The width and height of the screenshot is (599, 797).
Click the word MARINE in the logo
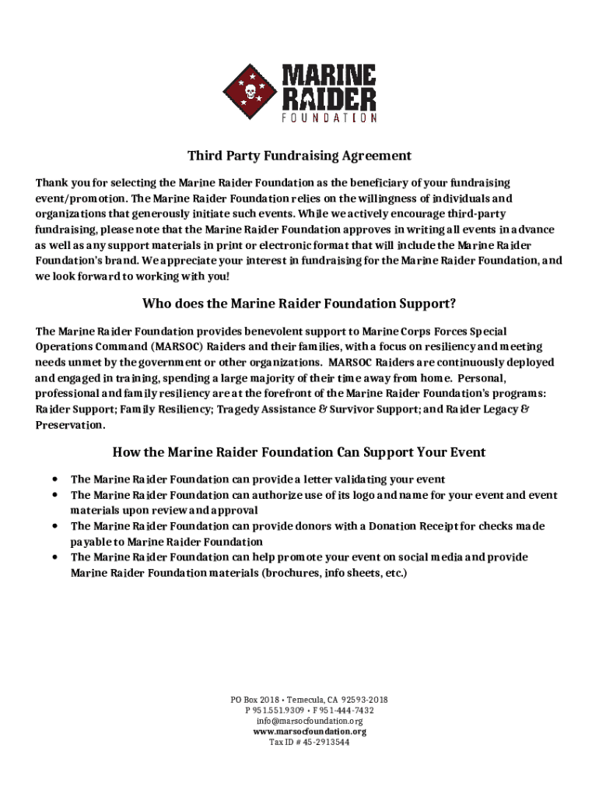point(328,75)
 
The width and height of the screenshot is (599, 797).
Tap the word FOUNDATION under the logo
point(328,118)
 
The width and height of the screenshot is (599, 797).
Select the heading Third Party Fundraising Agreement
point(299,156)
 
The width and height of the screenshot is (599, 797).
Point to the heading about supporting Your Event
point(299,451)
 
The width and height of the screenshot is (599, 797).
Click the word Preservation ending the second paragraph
point(69,425)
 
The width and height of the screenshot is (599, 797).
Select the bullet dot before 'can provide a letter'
point(54,479)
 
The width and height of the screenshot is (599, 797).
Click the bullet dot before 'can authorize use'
point(54,495)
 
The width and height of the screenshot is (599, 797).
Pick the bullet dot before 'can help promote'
point(54,557)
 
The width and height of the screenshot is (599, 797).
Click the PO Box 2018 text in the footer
point(254,700)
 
